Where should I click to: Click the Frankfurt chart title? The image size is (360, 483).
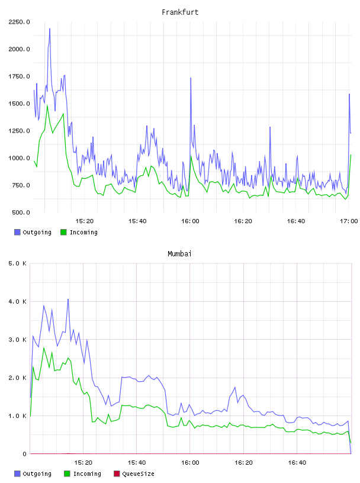[x=180, y=12]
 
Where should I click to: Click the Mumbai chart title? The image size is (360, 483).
[x=179, y=254]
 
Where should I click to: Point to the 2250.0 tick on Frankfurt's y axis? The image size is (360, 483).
[x=19, y=22]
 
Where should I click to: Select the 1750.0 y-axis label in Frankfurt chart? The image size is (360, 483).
[x=19, y=76]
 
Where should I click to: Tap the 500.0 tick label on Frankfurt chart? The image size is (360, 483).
[x=21, y=212]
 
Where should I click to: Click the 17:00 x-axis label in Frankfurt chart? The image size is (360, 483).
[x=349, y=221]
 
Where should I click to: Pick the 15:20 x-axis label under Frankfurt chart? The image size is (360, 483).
[x=85, y=221]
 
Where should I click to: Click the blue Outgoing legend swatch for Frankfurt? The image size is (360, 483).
[x=17, y=232]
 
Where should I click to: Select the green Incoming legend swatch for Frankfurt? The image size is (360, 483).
[x=63, y=232]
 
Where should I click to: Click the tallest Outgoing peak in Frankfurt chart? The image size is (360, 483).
[x=50, y=28]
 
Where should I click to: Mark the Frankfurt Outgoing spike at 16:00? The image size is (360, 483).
[x=191, y=78]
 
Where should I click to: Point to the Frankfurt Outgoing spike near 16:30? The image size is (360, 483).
[x=270, y=127]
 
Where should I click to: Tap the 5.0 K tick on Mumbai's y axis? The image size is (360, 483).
[x=18, y=263]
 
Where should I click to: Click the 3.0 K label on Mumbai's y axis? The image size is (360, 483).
[x=18, y=340]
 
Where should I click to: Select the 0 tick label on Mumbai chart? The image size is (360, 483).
[x=24, y=454]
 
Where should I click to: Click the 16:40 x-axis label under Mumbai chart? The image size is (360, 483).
[x=297, y=463]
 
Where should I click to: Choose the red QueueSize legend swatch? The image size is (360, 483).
[x=117, y=474]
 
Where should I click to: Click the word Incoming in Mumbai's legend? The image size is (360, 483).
[x=87, y=474]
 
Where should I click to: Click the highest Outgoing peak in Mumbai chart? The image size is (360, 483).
[x=68, y=299]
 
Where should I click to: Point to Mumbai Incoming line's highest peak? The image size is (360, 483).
[x=44, y=348]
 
